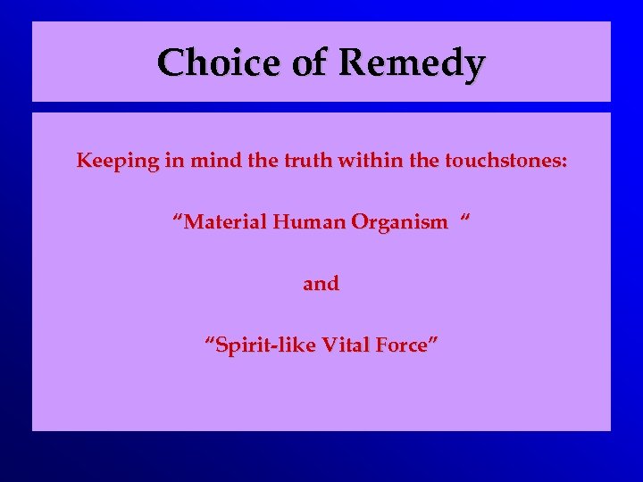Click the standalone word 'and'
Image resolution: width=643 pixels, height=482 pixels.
pos(321,284)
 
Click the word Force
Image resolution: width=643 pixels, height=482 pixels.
pos(397,345)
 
